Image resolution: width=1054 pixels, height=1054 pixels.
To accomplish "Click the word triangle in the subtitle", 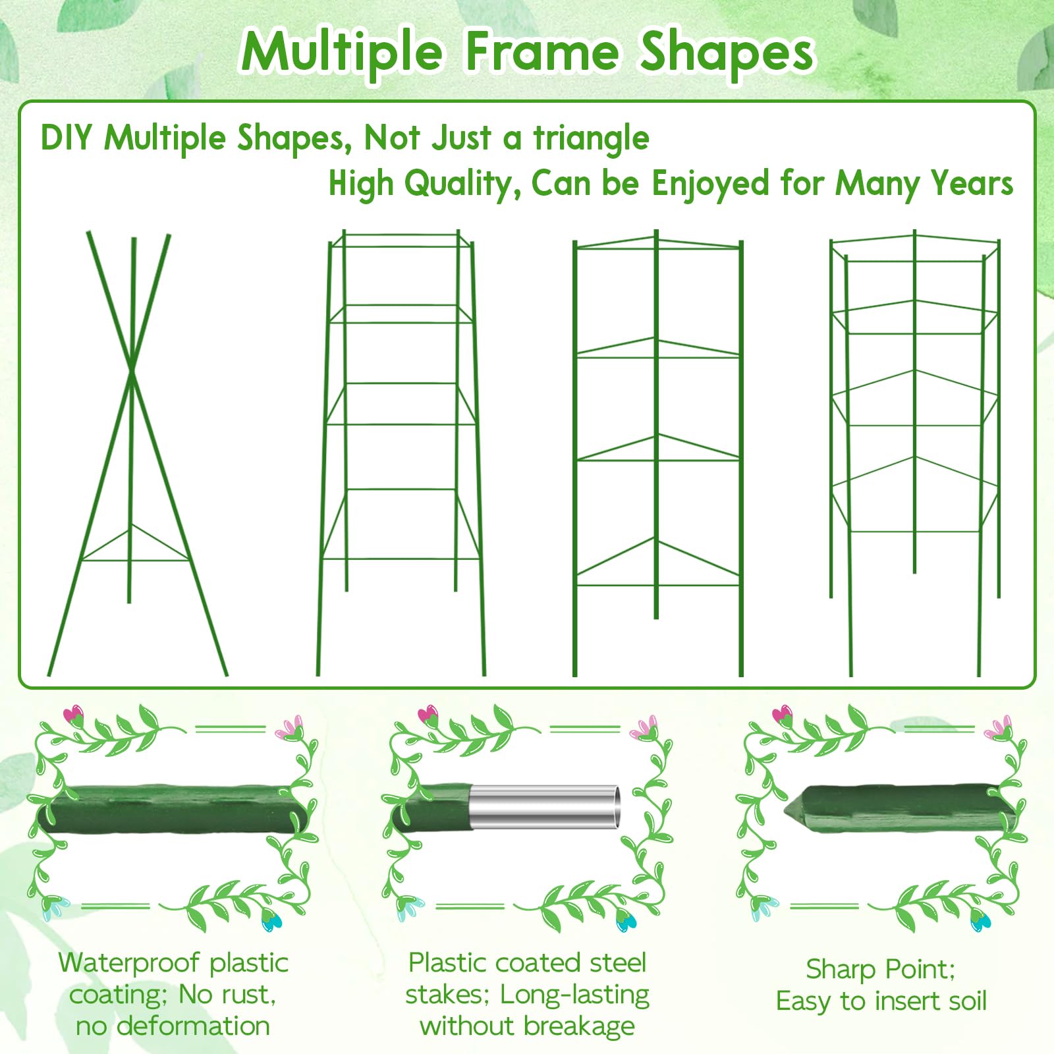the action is pyautogui.click(x=592, y=139).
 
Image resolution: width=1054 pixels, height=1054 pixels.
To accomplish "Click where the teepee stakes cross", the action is pyautogui.click(x=132, y=372).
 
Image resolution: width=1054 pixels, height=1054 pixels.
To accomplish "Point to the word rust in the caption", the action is pyautogui.click(x=250, y=995).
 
